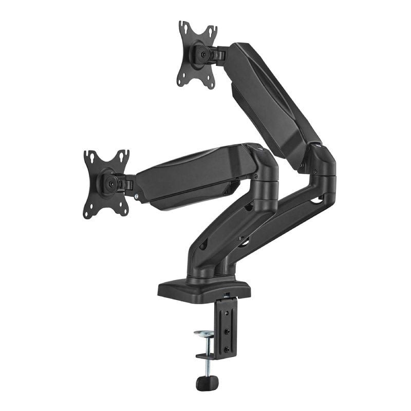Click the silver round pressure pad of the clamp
(206, 334)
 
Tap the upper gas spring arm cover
(267, 98)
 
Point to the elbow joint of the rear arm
(321, 164)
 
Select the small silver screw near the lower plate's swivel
(136, 196)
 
